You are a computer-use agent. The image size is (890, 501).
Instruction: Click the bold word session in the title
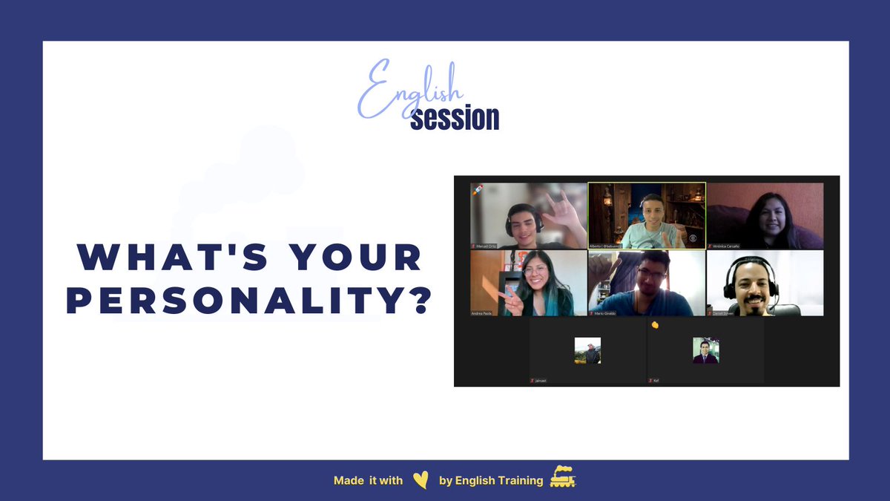click(455, 118)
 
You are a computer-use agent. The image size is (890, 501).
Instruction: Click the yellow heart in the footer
click(421, 480)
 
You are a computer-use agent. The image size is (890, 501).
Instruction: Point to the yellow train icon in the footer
click(564, 478)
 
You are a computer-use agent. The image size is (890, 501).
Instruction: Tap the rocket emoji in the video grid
click(478, 190)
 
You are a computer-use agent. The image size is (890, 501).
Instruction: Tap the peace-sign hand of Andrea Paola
click(511, 301)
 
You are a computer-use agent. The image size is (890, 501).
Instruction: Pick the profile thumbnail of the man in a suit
click(705, 350)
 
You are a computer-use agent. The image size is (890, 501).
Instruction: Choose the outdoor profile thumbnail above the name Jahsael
click(587, 350)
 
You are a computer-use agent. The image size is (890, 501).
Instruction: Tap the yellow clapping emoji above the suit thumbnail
click(655, 325)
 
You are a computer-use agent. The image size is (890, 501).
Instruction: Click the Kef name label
click(655, 380)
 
